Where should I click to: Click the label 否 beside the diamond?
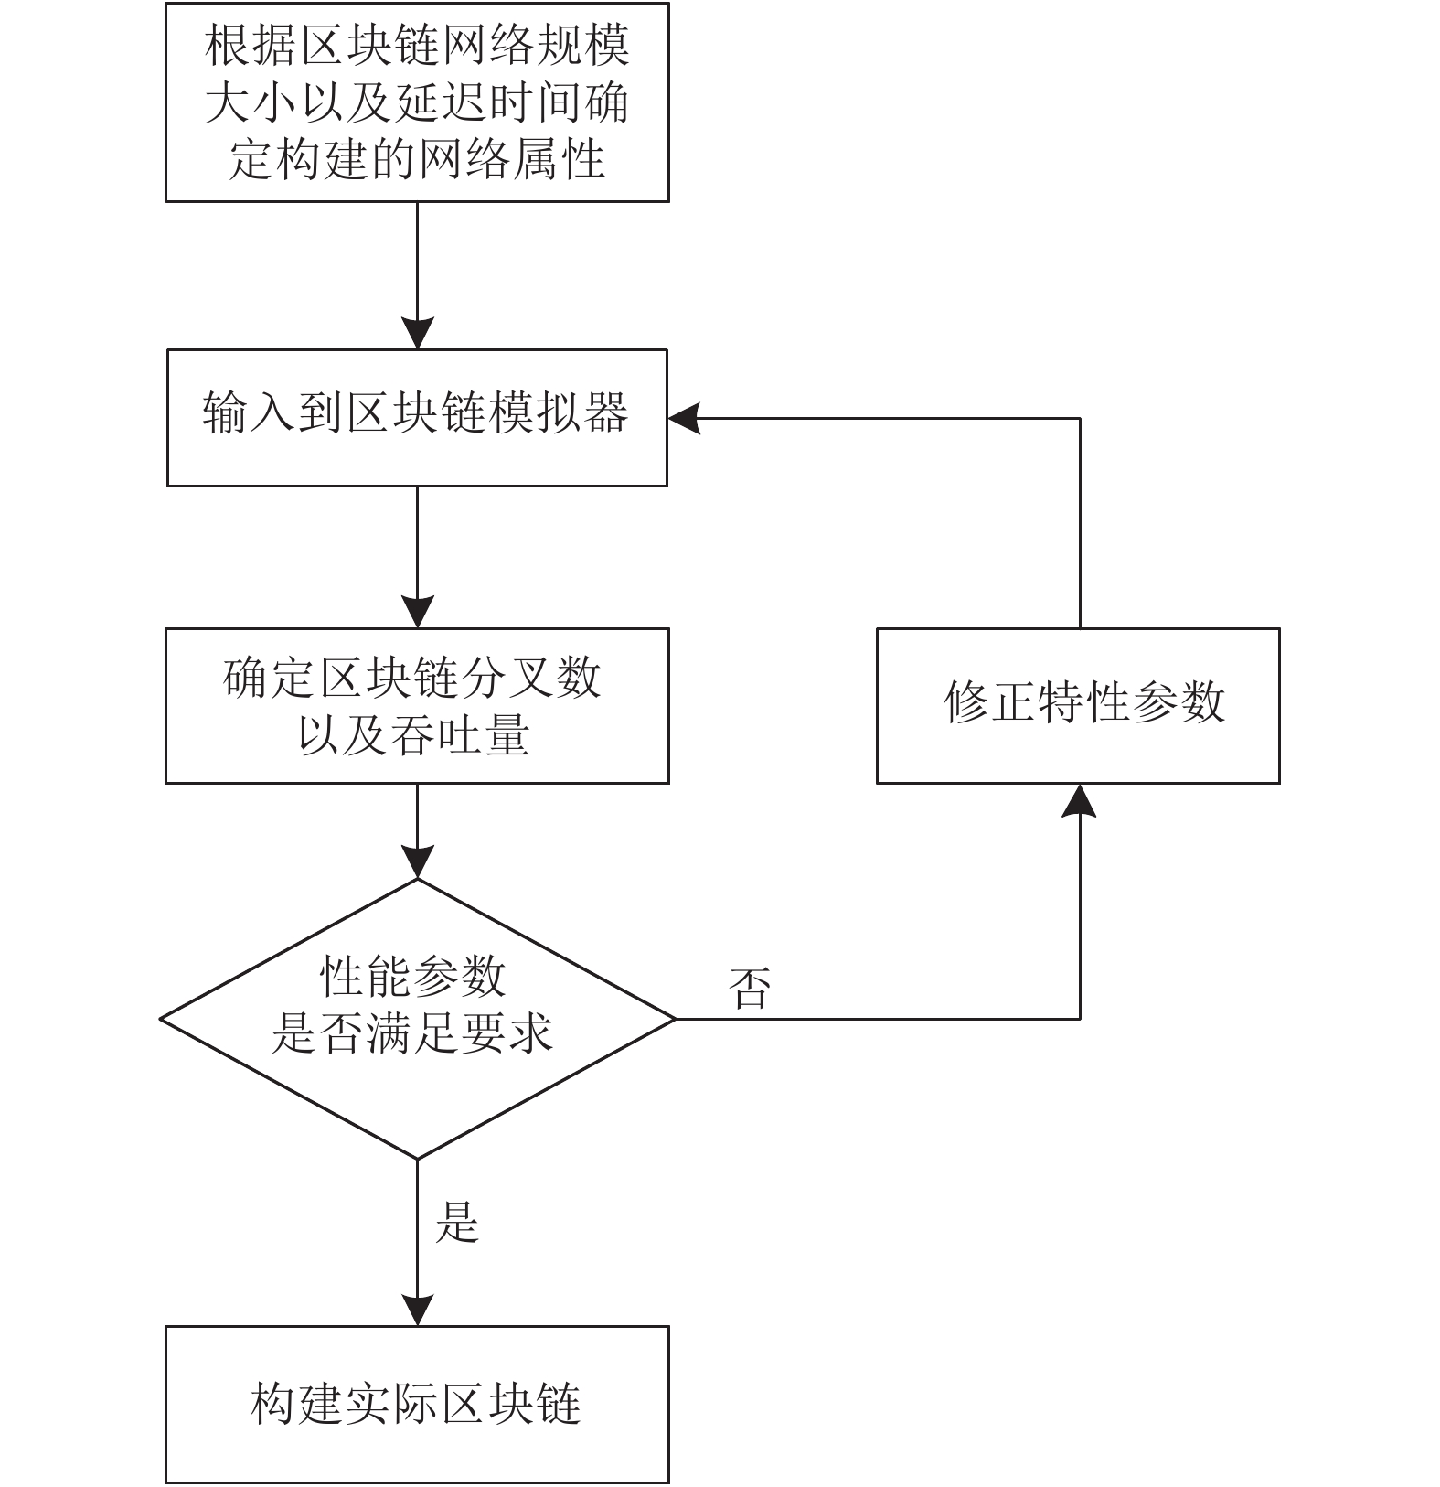[750, 989]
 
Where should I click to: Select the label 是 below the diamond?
[457, 1221]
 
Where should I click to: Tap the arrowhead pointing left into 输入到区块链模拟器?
[684, 419]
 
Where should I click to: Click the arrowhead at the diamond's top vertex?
[418, 862]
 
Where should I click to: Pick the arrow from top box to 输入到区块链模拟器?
[418, 275]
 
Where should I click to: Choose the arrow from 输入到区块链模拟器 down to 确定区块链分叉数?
[418, 557]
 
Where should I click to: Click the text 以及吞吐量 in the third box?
[414, 735]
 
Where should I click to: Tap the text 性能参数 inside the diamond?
[413, 976]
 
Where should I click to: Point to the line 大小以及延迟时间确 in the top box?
[417, 102]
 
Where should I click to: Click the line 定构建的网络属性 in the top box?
[417, 159]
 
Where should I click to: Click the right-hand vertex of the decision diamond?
[676, 1019]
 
